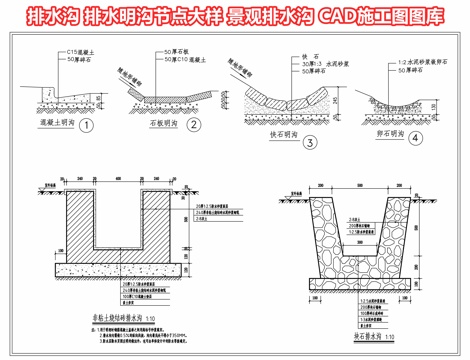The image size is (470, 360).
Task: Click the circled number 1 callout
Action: pos(86,126)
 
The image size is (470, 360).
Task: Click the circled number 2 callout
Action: pos(195,126)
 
